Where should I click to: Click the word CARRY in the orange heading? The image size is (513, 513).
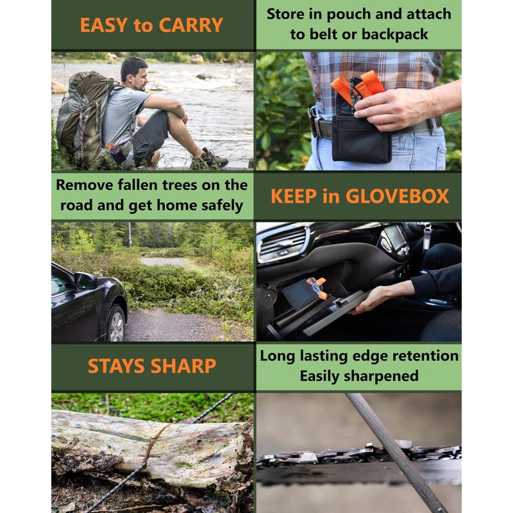pyautogui.click(x=190, y=25)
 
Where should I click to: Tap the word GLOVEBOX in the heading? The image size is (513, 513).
pyautogui.click(x=397, y=196)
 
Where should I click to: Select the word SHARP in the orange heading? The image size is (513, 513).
pyautogui.click(x=183, y=366)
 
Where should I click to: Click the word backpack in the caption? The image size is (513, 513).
pyautogui.click(x=395, y=35)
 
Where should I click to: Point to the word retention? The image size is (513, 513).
pyautogui.click(x=426, y=356)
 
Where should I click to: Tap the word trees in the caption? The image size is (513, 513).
pyautogui.click(x=180, y=185)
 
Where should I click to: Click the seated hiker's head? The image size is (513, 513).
pyautogui.click(x=134, y=73)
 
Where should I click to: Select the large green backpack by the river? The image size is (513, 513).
pyautogui.click(x=85, y=118)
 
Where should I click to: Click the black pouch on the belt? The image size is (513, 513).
pyautogui.click(x=361, y=139)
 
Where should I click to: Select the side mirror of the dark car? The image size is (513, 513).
pyautogui.click(x=85, y=281)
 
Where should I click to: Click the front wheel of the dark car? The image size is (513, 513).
pyautogui.click(x=116, y=324)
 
